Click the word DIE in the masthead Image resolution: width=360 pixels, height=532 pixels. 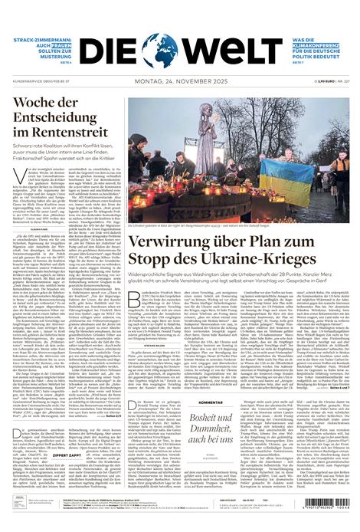(111, 50)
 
